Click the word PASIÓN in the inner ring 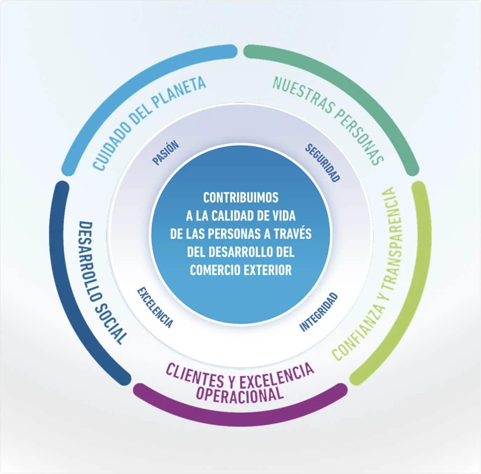point(165,153)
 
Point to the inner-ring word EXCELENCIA point(155,307)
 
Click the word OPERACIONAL point(240,394)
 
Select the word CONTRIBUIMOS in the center point(240,197)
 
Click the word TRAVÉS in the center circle point(293,233)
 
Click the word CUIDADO point(111,140)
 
